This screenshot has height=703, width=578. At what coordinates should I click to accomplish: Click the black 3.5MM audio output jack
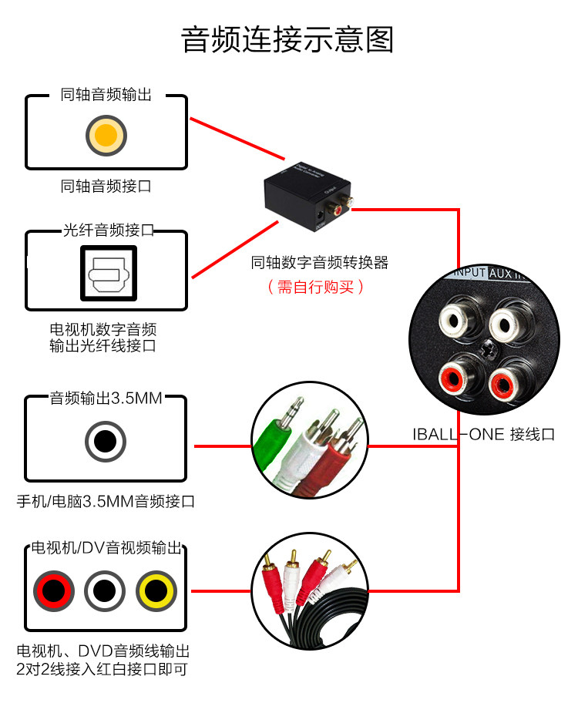(x=106, y=442)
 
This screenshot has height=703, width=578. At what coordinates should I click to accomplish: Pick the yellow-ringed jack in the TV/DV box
(x=156, y=591)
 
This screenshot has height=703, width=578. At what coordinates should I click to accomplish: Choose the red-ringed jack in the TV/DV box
(x=54, y=591)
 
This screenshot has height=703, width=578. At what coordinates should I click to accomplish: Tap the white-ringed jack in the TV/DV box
(x=105, y=591)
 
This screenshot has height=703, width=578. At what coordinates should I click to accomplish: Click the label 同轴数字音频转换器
(x=319, y=263)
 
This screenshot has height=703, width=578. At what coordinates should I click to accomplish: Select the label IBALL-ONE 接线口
(x=483, y=435)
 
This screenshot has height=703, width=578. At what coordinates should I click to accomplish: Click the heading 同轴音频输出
(x=106, y=96)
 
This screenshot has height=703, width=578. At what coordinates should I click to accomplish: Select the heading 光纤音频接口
(x=107, y=230)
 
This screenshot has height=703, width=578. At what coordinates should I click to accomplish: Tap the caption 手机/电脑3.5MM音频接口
(x=106, y=502)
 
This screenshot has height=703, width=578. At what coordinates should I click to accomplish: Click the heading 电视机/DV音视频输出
(x=106, y=549)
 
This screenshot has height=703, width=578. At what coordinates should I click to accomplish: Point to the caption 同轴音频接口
(x=106, y=186)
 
